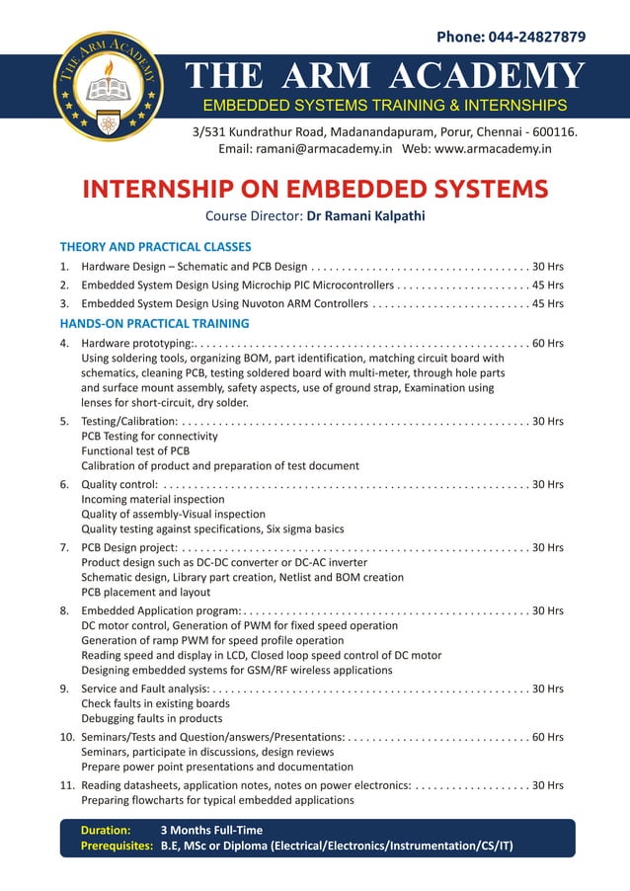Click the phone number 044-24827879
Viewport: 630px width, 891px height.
click(536, 38)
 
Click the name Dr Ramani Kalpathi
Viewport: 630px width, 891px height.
click(365, 216)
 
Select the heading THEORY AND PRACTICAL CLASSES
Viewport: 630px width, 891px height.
click(155, 247)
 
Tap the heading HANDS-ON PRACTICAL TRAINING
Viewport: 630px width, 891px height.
click(154, 323)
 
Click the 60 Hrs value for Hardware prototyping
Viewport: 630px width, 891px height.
click(548, 344)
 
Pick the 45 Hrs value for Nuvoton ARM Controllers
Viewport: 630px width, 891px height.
click(548, 304)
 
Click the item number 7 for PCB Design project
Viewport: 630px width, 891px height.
click(64, 547)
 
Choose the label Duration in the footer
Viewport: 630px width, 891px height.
click(106, 831)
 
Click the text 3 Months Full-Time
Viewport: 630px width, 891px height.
click(211, 831)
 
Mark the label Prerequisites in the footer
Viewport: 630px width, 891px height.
click(117, 847)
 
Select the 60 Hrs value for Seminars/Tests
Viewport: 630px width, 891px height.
click(548, 737)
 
